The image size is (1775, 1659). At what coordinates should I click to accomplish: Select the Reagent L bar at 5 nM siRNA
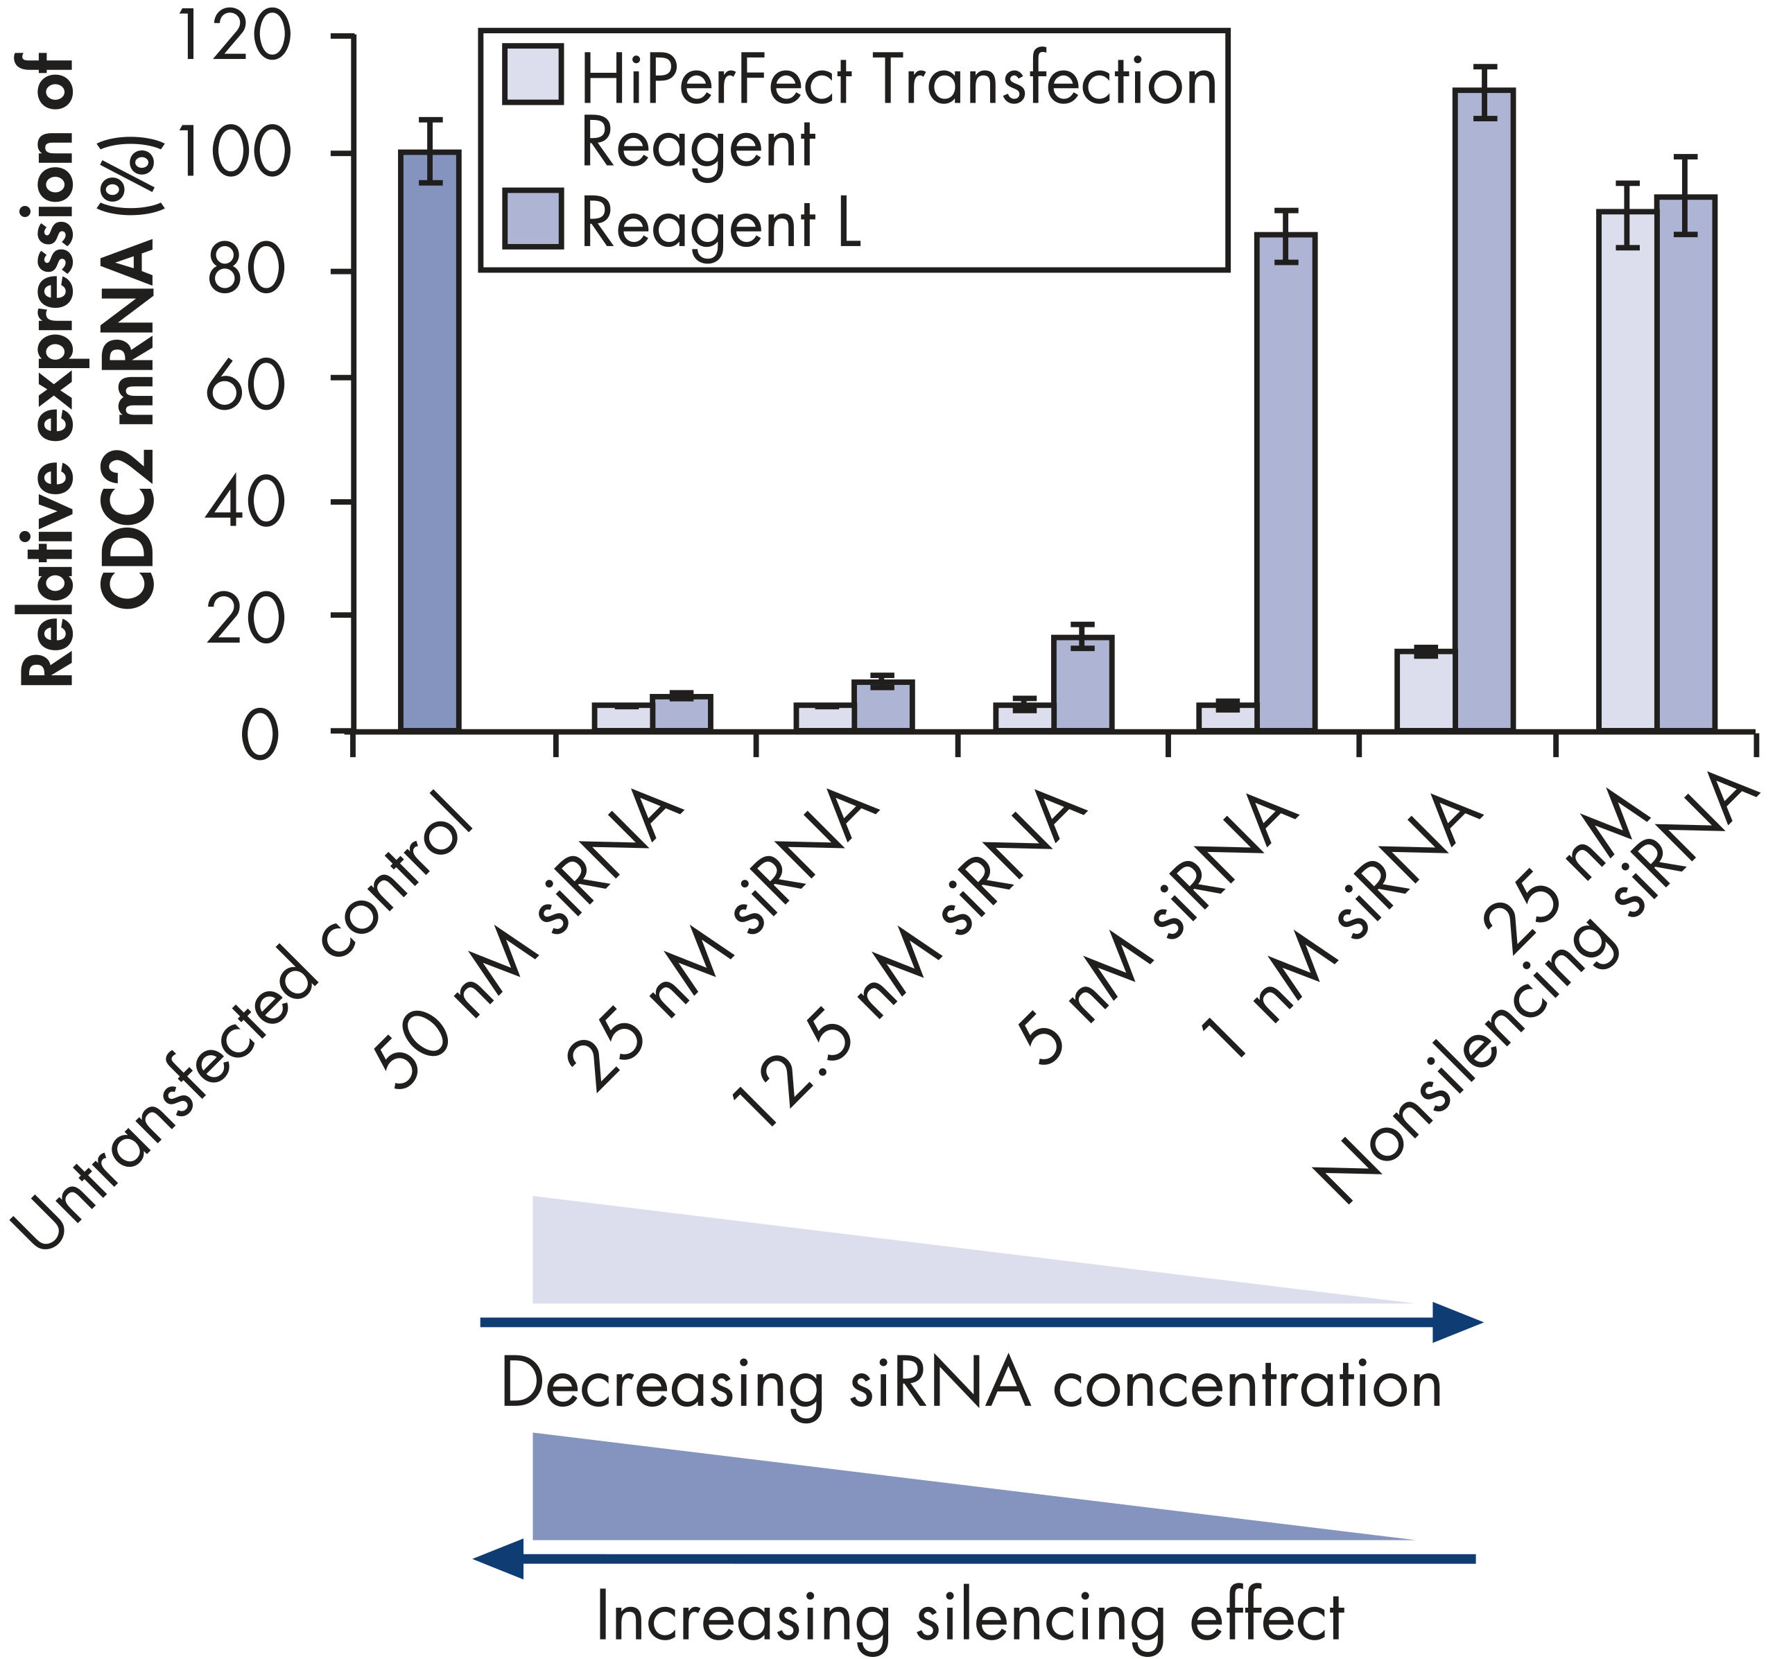point(1285,482)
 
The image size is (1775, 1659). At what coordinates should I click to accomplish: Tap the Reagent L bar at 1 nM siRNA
point(1484,410)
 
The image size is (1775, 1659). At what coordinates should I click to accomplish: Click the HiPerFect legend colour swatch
point(533,74)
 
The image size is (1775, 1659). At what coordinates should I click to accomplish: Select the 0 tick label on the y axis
point(261,738)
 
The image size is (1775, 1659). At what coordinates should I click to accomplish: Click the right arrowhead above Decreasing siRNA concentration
point(1455,1321)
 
